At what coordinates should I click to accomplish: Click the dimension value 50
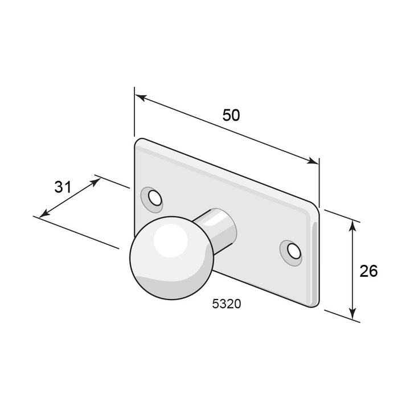click(231, 115)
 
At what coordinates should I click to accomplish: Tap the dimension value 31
click(63, 187)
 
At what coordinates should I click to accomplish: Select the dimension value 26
click(368, 270)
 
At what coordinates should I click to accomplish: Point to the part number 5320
click(227, 304)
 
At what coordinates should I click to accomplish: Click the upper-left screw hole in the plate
click(155, 198)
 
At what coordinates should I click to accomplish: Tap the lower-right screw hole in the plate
click(294, 251)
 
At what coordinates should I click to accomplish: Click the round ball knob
click(172, 258)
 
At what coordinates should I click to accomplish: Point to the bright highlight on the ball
click(170, 240)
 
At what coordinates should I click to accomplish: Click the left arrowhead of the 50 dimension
click(141, 97)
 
